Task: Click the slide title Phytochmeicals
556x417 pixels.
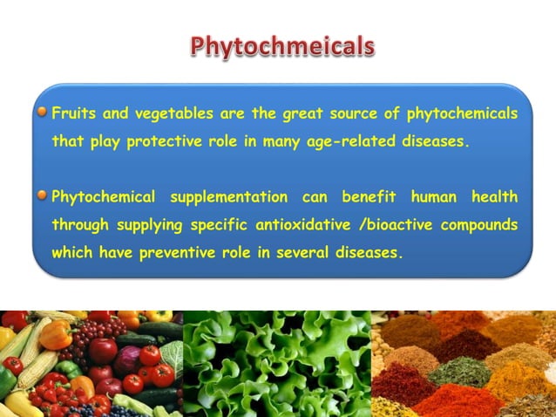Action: tap(283, 45)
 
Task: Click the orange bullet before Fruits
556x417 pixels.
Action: tap(42, 113)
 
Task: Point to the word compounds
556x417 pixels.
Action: tap(480, 224)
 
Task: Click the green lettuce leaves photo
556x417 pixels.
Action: tap(277, 363)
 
